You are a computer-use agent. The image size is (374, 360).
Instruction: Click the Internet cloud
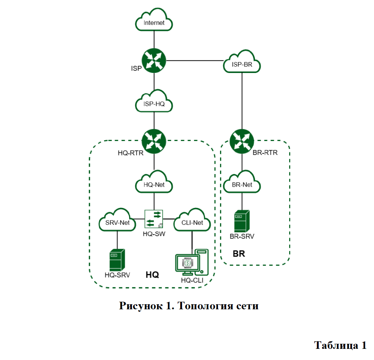(x=154, y=22)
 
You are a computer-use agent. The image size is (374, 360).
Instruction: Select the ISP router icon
(x=154, y=60)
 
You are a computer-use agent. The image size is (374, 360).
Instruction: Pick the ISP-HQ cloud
(x=154, y=105)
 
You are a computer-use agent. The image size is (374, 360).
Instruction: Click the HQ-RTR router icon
(x=154, y=141)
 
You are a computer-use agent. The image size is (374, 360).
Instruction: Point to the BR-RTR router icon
(x=242, y=141)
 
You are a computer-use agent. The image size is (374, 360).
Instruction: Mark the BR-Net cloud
(x=242, y=185)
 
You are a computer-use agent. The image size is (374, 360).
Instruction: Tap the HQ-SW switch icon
(x=154, y=219)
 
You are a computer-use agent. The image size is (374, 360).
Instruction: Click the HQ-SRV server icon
(x=117, y=260)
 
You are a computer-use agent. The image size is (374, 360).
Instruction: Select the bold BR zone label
(x=239, y=254)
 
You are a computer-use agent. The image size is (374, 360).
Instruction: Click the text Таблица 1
(x=340, y=345)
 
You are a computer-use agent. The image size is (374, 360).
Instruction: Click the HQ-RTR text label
(x=131, y=153)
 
